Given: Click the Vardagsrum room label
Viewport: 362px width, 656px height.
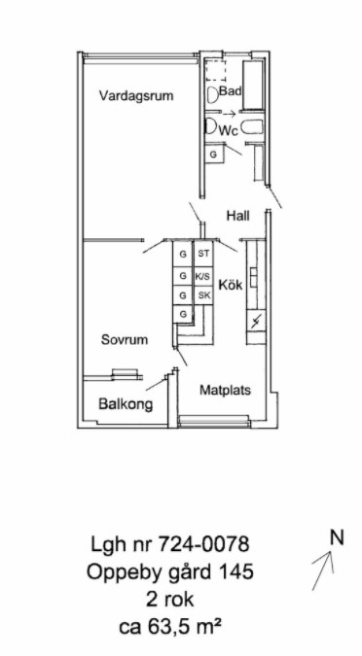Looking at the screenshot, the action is (136, 96).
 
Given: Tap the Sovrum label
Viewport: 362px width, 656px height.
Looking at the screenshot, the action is (125, 339).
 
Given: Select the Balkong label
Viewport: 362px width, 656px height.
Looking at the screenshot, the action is (126, 404).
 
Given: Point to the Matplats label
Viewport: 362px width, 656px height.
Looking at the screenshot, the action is (225, 391).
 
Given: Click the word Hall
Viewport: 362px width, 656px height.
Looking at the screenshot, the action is (238, 216).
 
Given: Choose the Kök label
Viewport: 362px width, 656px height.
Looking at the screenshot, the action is (231, 286).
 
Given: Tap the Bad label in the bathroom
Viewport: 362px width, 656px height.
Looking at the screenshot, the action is (231, 90).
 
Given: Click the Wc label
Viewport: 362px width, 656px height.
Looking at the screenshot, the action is (230, 131).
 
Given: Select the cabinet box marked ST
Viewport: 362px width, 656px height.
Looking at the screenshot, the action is (203, 254).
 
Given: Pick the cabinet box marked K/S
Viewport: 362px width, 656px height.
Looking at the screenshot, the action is (203, 276).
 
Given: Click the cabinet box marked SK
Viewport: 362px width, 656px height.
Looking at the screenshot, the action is (203, 295).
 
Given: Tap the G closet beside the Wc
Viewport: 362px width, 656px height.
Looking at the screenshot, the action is (214, 155).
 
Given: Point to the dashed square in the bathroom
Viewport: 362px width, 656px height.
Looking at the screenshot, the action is (215, 70).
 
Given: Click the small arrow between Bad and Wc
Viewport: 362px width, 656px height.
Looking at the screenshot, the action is (229, 114).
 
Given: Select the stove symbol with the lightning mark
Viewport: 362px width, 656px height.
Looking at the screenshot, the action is (256, 322).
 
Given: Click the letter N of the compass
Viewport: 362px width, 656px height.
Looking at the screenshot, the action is (337, 537).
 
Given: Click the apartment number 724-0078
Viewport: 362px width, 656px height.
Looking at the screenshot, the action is (203, 544).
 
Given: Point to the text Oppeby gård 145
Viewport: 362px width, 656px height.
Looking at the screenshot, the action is (169, 572).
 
